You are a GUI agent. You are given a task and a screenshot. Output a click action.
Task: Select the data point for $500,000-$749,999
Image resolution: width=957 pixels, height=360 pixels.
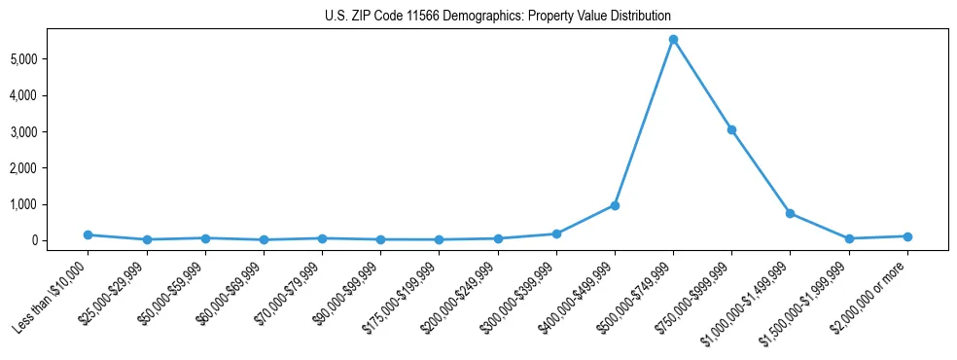(x=673, y=40)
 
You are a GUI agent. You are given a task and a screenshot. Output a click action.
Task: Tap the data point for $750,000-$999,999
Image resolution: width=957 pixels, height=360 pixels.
(x=731, y=129)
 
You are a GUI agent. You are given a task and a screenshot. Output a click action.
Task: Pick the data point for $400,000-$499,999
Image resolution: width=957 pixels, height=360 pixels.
(x=615, y=205)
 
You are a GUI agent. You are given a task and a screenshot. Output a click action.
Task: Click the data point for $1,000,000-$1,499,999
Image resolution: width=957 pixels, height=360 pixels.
(x=791, y=213)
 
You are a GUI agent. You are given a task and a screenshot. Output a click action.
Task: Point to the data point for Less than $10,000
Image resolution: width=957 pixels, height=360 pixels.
(x=88, y=234)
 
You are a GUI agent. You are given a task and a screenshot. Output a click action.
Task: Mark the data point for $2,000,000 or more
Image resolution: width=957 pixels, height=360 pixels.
(x=907, y=236)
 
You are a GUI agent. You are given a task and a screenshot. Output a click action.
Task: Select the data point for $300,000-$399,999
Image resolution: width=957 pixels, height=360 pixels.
(x=556, y=234)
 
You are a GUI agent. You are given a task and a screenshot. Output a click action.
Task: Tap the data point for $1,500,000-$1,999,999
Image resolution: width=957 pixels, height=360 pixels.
(x=849, y=238)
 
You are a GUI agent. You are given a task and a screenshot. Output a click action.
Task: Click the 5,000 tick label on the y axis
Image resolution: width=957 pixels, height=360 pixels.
(x=49, y=59)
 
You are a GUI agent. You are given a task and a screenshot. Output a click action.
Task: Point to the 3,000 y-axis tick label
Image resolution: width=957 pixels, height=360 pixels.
(x=49, y=131)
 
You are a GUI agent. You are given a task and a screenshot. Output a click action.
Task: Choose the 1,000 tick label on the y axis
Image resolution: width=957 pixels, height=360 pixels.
(x=49, y=204)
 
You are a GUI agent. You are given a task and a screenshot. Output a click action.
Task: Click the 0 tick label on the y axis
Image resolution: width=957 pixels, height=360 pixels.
(x=59, y=240)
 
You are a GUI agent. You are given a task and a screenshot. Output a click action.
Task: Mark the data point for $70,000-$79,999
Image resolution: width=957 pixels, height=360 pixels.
(x=322, y=238)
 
